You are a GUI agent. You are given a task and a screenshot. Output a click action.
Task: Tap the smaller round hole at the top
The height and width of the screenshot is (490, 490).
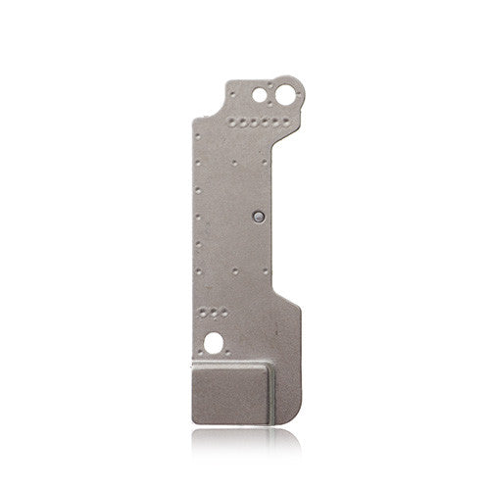(x=259, y=96)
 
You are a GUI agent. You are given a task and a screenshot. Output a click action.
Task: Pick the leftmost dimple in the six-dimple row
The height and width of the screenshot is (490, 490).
(x=235, y=123)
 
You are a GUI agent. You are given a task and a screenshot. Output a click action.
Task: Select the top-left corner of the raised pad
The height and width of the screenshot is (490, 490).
(x=194, y=362)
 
